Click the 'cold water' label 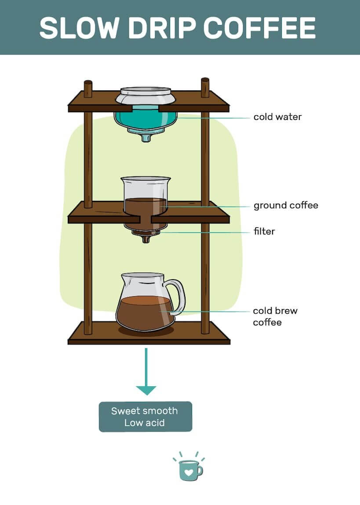click(277, 117)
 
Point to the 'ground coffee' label click(286, 205)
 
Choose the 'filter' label click(264, 231)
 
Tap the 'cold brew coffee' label click(275, 316)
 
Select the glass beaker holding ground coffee click(145, 193)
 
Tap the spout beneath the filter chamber click(145, 239)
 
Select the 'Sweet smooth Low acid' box click(145, 417)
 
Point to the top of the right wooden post click(205, 81)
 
